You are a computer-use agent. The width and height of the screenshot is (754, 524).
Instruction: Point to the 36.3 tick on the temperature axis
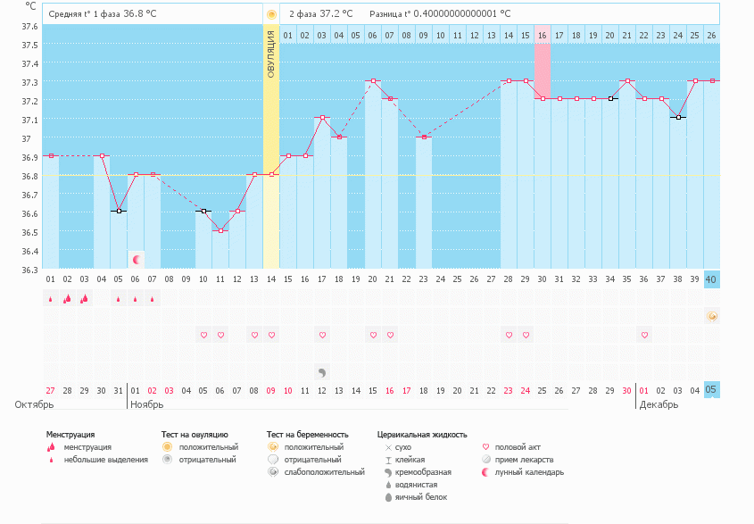tap(30, 270)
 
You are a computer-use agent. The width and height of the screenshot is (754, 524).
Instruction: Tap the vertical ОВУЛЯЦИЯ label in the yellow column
tap(271, 54)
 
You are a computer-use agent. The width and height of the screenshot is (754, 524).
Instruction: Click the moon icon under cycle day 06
tap(136, 259)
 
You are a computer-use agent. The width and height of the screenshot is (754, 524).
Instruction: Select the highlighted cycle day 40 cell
tap(711, 279)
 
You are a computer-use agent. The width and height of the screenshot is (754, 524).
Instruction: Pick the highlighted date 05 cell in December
tap(711, 389)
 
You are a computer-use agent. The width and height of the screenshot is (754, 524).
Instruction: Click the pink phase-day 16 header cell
tap(542, 35)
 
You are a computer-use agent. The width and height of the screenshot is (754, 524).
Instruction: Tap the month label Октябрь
tap(32, 404)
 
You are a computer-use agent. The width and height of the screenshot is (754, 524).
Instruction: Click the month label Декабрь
tap(658, 404)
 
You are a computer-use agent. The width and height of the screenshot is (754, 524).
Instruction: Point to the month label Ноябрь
tap(147, 404)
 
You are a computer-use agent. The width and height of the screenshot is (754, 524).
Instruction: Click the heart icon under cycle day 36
tap(643, 335)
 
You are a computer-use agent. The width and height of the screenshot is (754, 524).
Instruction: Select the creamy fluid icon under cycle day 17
tap(321, 370)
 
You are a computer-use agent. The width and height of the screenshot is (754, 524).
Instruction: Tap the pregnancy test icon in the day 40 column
tap(711, 316)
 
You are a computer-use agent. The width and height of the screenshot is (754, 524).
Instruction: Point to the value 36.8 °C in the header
tap(137, 14)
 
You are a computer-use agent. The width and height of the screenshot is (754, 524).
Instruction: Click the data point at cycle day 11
tap(220, 230)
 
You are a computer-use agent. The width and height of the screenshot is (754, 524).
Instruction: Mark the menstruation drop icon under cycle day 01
tap(50, 300)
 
